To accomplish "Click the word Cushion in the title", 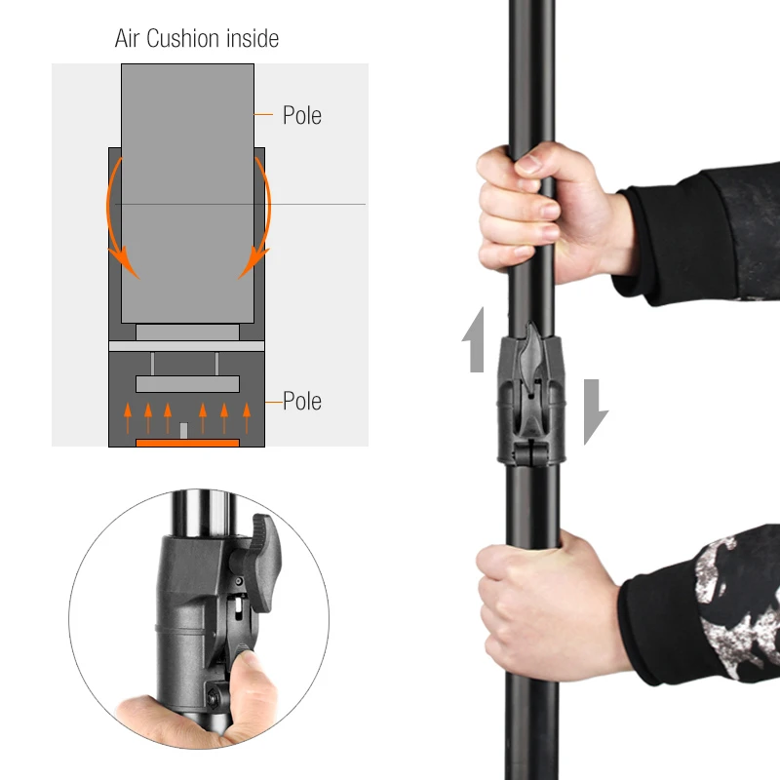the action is pyautogui.click(x=183, y=38).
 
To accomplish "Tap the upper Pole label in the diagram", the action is pyautogui.click(x=302, y=115).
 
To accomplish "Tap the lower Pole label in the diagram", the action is pyautogui.click(x=302, y=401).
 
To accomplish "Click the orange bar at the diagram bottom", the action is pyautogui.click(x=187, y=443).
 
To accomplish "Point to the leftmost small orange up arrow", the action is pyautogui.click(x=128, y=418).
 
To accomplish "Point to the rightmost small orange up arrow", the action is pyautogui.click(x=247, y=418).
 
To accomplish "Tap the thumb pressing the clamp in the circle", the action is pyautogui.click(x=251, y=682).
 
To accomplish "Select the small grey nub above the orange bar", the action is pyautogui.click(x=183, y=431).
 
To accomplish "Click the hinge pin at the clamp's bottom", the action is pyautogui.click(x=531, y=452).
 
